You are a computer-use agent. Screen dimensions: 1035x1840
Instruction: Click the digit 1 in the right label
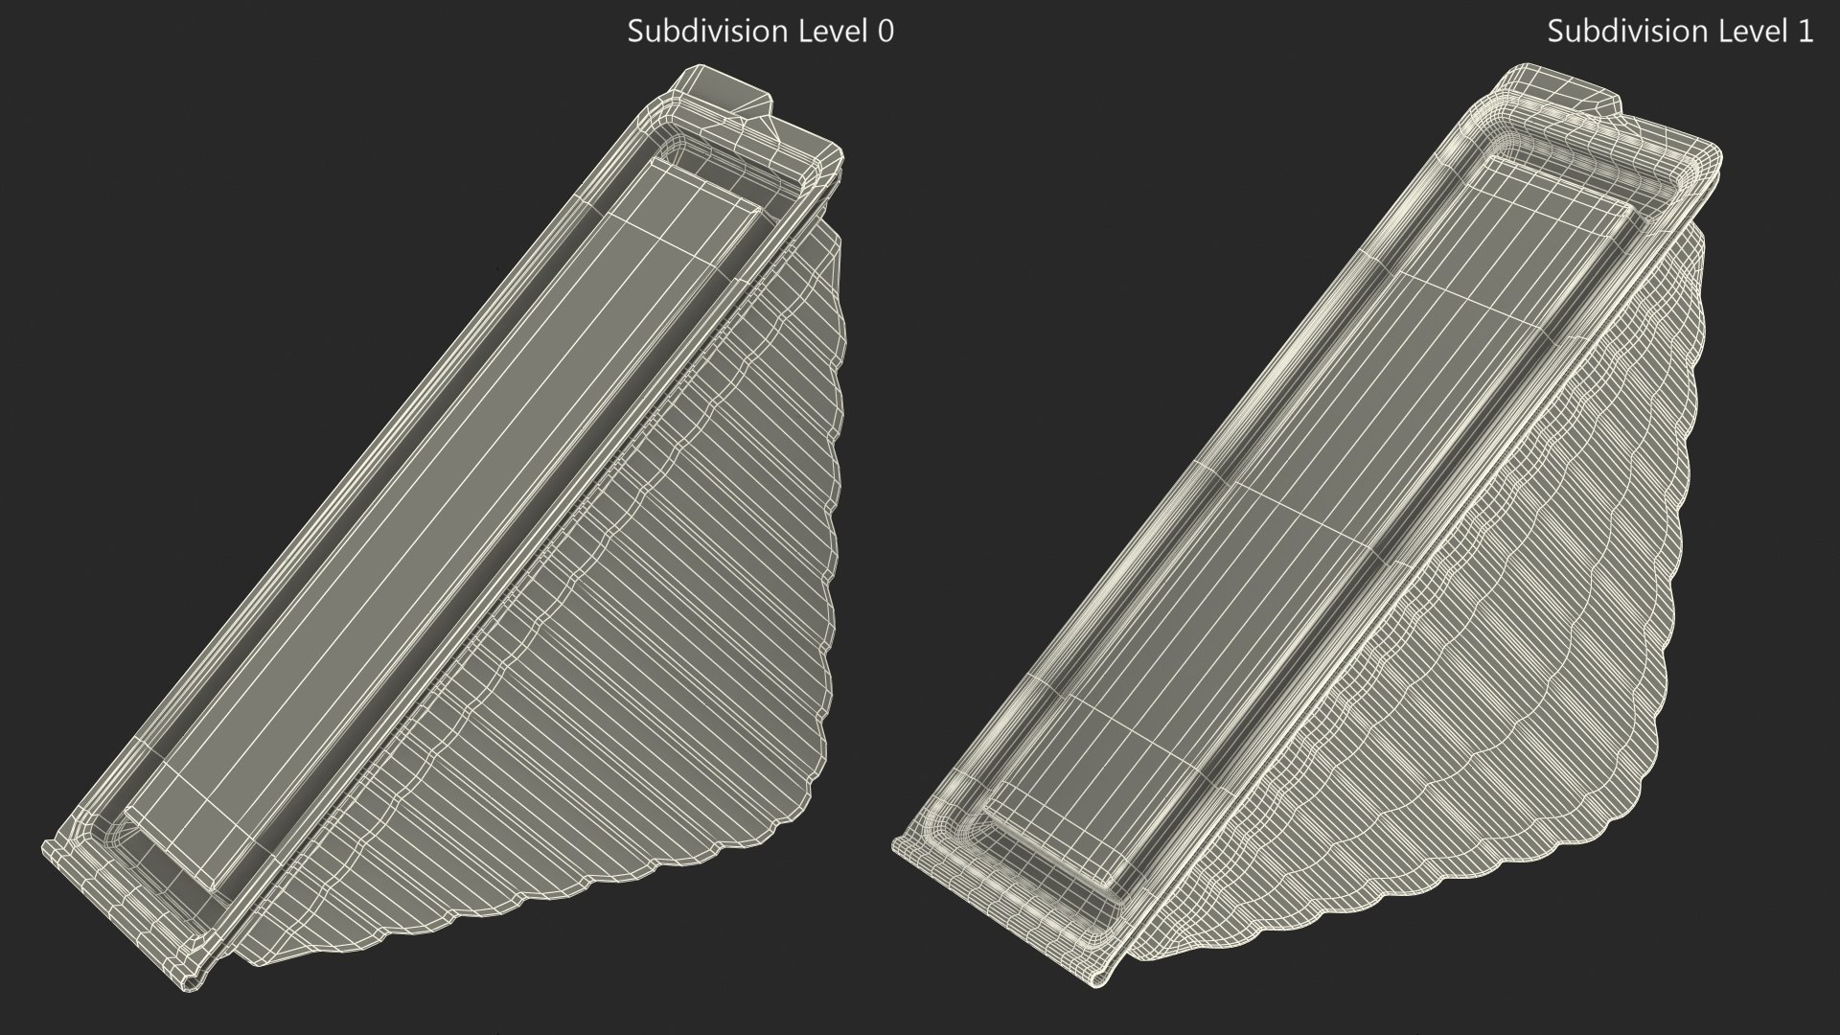click(x=1805, y=32)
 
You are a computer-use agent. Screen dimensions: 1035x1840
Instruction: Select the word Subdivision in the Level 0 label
click(x=695, y=32)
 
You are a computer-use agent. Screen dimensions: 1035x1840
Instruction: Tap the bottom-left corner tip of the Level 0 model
click(x=48, y=847)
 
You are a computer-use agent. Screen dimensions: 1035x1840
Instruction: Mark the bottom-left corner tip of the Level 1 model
click(x=897, y=845)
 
